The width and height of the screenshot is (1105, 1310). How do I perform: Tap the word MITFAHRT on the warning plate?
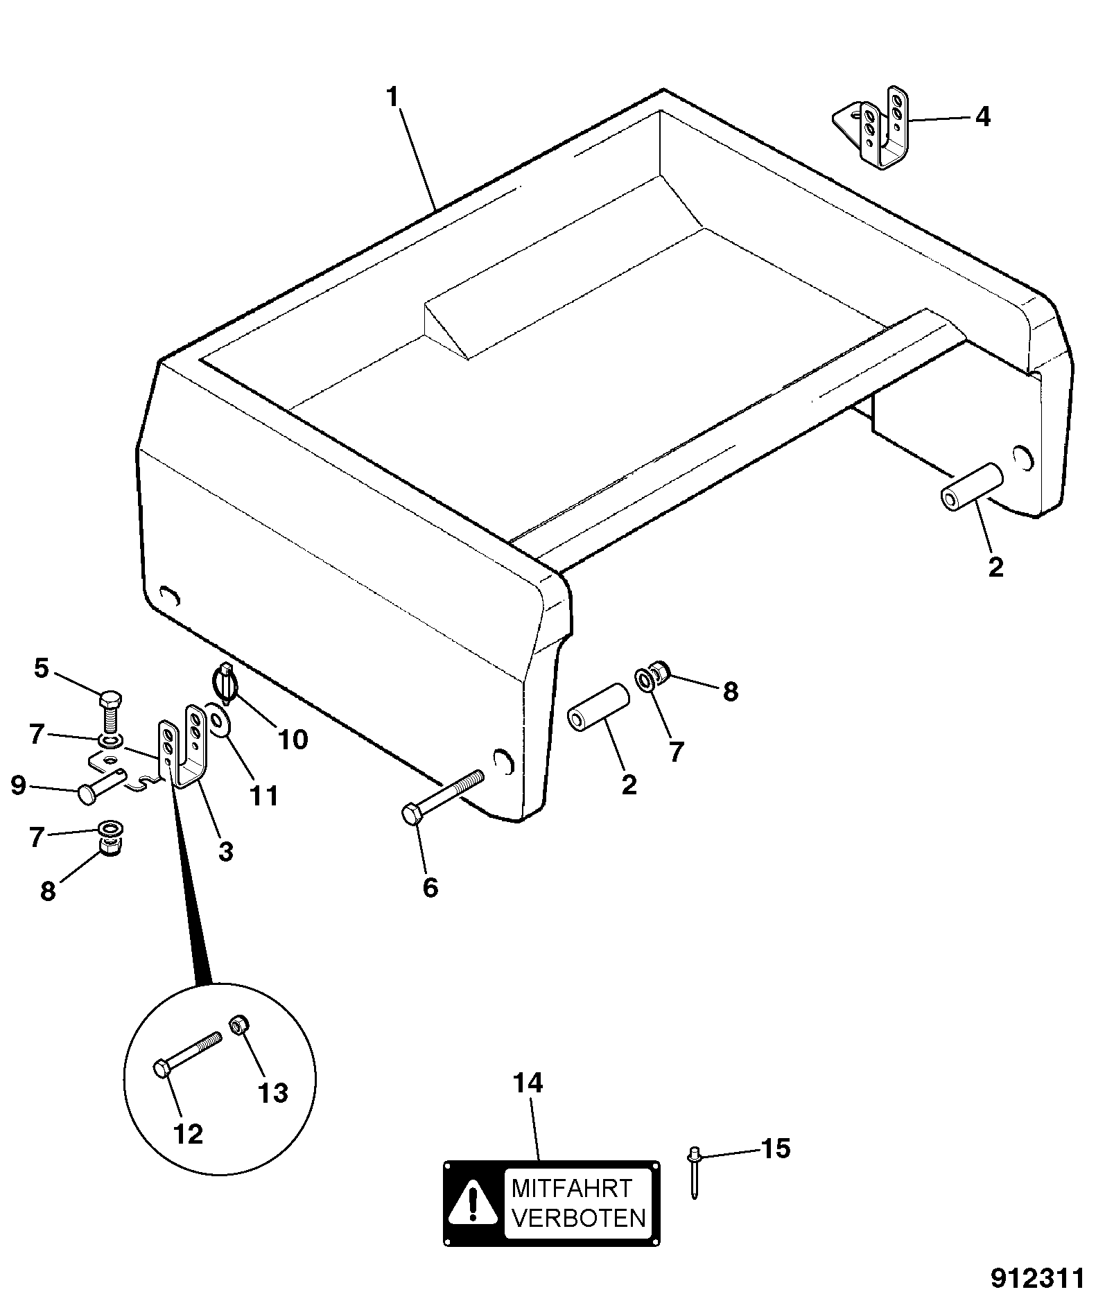(572, 1188)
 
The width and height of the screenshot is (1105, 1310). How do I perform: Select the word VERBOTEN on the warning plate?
(578, 1218)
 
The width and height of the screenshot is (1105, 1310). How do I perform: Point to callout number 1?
(393, 98)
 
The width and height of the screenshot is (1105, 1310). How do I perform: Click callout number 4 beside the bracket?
(982, 117)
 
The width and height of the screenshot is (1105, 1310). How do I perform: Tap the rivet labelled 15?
(694, 1172)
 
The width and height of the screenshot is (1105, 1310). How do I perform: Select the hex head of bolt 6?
(412, 814)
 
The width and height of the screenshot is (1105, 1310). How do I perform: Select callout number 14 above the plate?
(528, 1102)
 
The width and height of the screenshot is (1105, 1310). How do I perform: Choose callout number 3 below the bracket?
(225, 851)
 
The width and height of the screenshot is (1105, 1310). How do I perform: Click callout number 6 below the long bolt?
(430, 887)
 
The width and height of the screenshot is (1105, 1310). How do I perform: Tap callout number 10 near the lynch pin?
(293, 740)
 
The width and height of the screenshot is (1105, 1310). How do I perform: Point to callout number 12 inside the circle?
(189, 1134)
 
